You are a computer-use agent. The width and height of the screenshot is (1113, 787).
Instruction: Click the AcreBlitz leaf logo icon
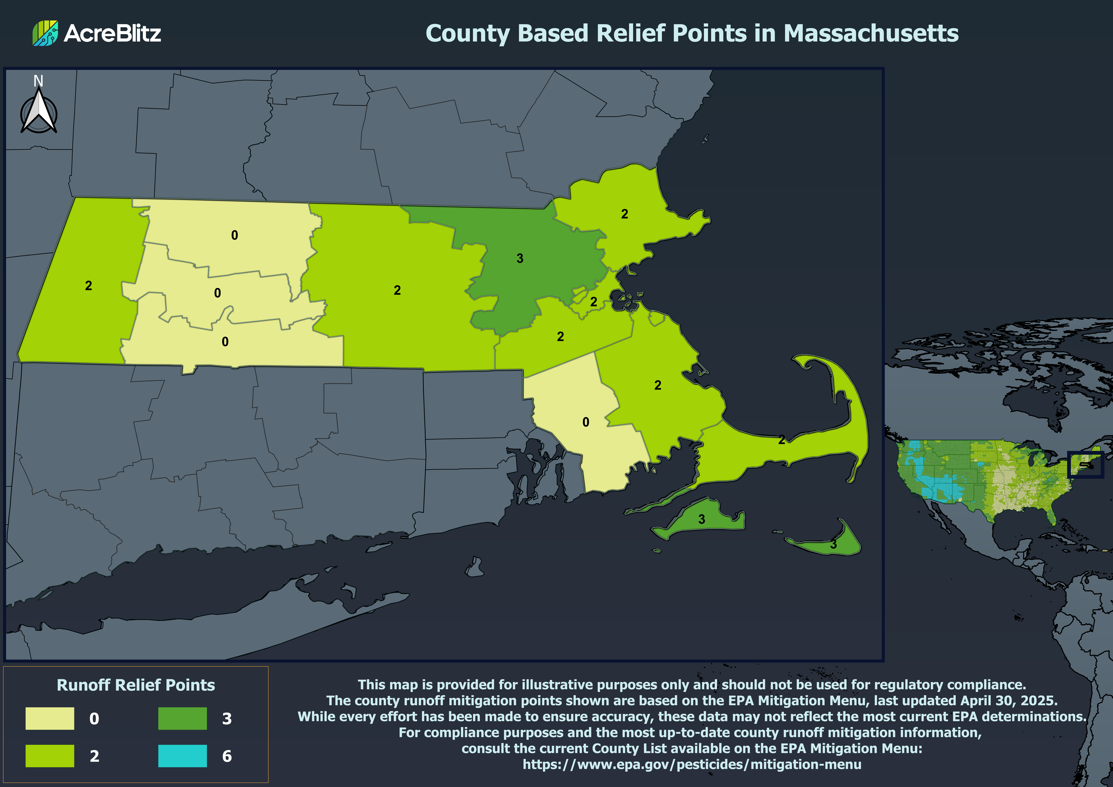point(45,33)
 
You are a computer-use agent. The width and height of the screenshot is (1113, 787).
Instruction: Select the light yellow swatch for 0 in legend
point(50,718)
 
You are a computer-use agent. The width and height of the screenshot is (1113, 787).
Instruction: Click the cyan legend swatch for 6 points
point(182,755)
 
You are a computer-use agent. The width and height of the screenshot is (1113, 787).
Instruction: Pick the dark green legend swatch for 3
point(182,718)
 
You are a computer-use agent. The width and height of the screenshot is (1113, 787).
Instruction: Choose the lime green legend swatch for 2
point(50,755)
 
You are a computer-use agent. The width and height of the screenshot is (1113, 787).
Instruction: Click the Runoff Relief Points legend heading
point(136,685)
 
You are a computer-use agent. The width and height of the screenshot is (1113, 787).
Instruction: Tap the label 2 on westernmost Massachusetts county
point(88,286)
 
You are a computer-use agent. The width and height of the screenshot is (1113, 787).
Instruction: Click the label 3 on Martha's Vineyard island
point(701,519)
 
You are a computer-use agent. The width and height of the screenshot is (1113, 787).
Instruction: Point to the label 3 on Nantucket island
point(833,544)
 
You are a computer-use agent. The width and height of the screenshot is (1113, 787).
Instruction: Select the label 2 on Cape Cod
point(781,440)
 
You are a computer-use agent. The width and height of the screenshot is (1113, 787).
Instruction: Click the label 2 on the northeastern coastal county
point(624,214)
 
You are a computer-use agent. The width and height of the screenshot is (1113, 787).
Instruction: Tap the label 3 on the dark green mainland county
point(520,258)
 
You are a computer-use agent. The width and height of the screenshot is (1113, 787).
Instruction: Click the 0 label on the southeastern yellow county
point(586,422)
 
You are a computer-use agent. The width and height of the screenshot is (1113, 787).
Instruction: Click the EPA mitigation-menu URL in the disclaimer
point(692,764)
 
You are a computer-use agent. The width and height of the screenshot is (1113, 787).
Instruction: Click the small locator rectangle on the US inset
point(1085,465)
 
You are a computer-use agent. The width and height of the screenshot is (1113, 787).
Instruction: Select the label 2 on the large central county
point(397,290)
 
